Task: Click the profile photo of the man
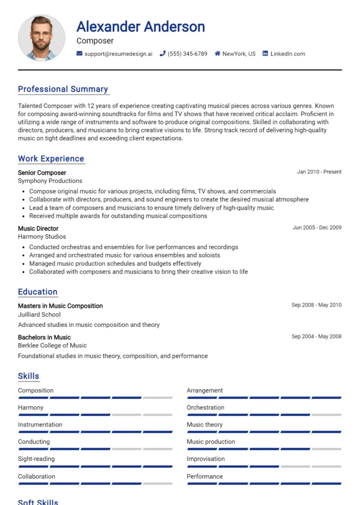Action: click(x=41, y=38)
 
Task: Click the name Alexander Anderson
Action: click(x=141, y=26)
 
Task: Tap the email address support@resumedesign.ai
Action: click(x=118, y=54)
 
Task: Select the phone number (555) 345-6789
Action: click(x=187, y=54)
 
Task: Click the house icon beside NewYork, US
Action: click(x=217, y=54)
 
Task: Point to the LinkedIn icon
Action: click(x=265, y=54)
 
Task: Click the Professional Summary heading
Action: click(x=63, y=89)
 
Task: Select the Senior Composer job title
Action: click(x=42, y=173)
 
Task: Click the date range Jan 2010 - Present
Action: click(x=319, y=172)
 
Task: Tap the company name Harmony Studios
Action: click(x=42, y=237)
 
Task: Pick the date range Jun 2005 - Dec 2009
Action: click(x=317, y=228)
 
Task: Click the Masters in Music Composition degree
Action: click(x=60, y=306)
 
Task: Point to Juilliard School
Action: click(x=39, y=315)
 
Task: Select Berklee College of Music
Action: click(x=52, y=346)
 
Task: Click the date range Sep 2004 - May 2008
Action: click(x=316, y=337)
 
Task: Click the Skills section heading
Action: click(x=29, y=376)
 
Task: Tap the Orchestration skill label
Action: click(x=205, y=407)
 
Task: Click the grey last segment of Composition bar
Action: click(x=158, y=397)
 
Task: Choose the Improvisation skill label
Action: click(x=205, y=459)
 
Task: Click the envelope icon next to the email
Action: click(x=79, y=54)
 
